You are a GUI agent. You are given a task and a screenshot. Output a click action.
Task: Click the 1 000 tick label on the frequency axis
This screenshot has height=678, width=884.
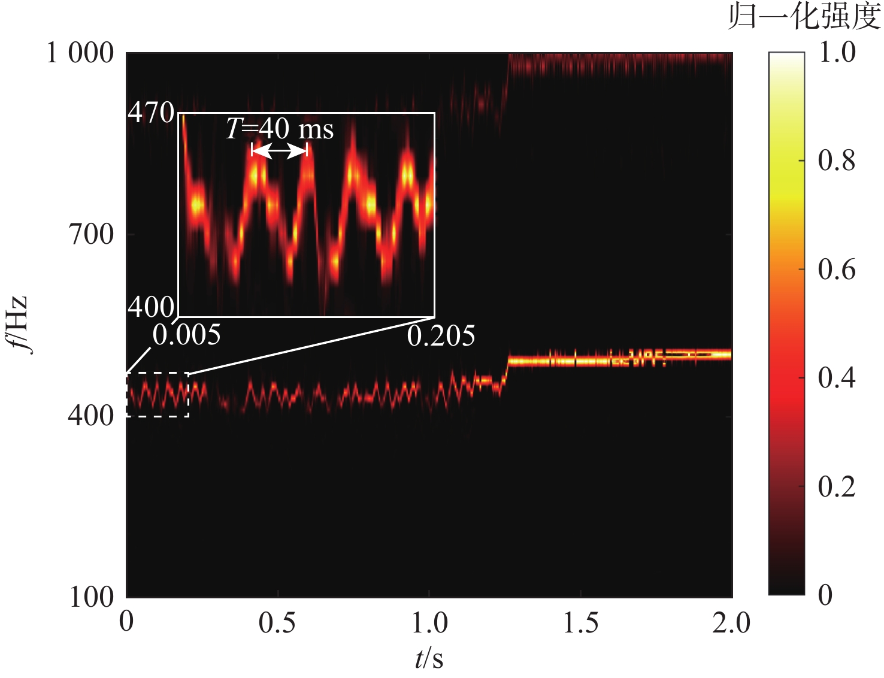[80, 53]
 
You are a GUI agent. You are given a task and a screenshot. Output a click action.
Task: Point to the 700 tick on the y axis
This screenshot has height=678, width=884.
[90, 234]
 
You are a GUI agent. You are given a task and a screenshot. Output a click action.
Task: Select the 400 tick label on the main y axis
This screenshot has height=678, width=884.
[90, 415]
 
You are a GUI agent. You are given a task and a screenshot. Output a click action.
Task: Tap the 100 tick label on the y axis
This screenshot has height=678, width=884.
[91, 597]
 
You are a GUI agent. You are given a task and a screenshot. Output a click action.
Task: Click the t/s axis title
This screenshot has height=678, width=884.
[429, 659]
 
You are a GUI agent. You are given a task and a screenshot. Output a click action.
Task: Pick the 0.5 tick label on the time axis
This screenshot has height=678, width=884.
[277, 623]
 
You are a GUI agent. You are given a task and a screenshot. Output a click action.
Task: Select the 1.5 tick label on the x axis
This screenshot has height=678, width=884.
[580, 623]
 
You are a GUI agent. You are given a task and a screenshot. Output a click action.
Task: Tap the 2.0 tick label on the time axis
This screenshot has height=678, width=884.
[731, 623]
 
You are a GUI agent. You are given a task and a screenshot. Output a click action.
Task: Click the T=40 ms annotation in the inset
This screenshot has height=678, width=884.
[280, 129]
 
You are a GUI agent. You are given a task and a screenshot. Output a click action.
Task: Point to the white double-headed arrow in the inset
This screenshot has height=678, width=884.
[279, 152]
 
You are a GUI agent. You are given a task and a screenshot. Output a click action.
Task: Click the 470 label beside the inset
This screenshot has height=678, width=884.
[151, 113]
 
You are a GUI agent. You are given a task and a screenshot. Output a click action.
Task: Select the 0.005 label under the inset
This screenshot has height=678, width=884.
[186, 335]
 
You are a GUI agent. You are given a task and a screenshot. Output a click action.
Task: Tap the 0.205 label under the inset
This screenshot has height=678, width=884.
[441, 336]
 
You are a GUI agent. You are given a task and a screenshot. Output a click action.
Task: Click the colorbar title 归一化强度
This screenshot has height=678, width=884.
[804, 17]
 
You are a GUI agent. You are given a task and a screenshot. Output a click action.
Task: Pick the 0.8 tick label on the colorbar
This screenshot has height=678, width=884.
[837, 161]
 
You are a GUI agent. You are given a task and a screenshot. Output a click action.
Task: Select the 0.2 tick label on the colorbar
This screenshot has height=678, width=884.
[837, 486]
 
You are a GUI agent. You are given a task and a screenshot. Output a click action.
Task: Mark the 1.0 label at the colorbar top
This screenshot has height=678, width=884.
[837, 53]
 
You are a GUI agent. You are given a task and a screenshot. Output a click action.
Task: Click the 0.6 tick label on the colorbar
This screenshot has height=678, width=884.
[837, 270]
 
